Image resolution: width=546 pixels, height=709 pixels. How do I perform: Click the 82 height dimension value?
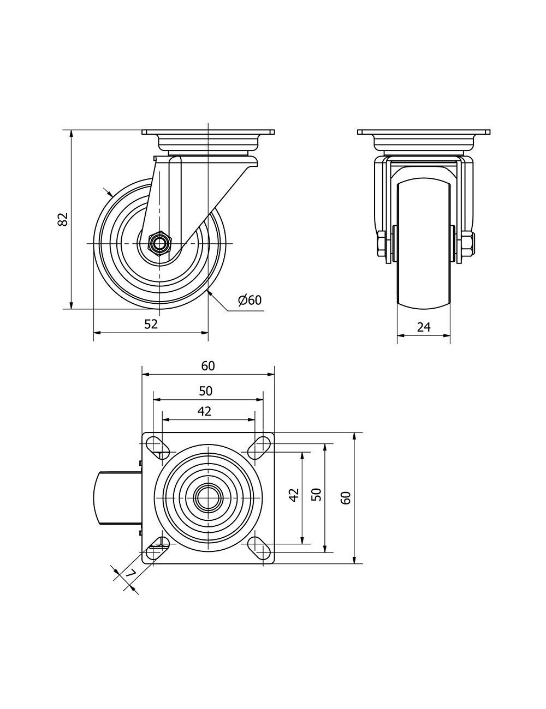pos(62,219)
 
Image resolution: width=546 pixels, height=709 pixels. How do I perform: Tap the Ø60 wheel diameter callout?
pos(250,300)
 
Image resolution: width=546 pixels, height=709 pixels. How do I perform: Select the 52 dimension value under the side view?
pos(151,324)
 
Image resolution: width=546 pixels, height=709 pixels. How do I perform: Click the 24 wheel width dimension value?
pos(424,327)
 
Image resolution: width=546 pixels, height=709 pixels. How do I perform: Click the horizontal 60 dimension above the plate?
pos(208,366)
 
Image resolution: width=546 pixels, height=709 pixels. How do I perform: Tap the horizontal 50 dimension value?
pos(206,390)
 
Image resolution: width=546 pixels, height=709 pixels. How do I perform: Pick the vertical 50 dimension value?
pos(316,494)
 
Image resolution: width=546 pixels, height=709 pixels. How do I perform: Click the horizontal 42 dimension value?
pos(204,411)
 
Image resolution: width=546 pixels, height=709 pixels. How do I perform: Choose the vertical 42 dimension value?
pos(294,495)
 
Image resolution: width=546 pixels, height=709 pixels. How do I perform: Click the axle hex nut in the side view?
pos(159,243)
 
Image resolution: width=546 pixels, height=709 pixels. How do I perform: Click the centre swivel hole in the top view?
pos(208,498)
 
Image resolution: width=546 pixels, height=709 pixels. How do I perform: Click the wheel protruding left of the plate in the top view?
pos(117,498)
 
